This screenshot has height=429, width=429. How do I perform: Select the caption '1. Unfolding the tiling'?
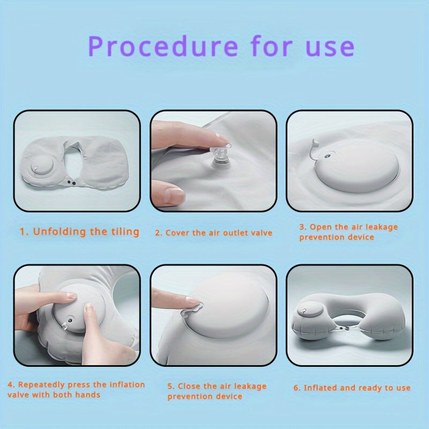[x=79, y=232]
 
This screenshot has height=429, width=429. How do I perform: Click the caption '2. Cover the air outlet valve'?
[x=213, y=233]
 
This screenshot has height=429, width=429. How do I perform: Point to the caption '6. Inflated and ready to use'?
[x=351, y=387]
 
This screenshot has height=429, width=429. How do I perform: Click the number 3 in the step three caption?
[x=302, y=227]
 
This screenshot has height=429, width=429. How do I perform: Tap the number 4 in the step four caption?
[x=10, y=384]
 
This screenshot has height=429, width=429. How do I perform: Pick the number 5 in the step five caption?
[x=170, y=386]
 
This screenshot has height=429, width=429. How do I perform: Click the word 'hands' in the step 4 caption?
[x=89, y=395]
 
